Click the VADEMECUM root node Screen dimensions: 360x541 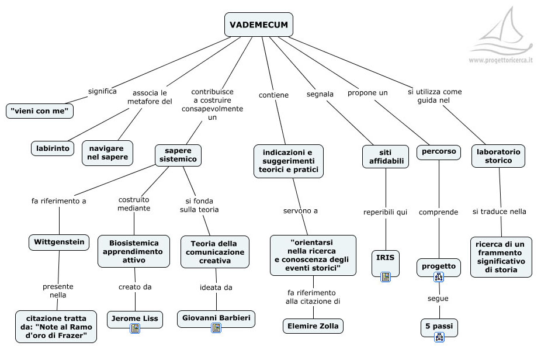click(x=259, y=25)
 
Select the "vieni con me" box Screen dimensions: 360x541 click(x=40, y=110)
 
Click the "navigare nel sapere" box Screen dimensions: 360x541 click(x=107, y=153)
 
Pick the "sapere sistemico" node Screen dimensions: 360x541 click(x=178, y=155)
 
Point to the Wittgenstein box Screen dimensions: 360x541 click(x=59, y=242)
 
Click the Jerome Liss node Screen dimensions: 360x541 click(x=134, y=318)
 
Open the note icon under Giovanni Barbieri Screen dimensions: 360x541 click(x=216, y=328)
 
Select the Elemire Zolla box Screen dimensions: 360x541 click(x=313, y=326)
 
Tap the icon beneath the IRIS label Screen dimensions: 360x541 click(x=386, y=276)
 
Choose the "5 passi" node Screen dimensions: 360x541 click(x=439, y=325)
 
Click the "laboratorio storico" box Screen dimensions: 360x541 click(x=498, y=156)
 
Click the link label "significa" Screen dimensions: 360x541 click(x=102, y=91)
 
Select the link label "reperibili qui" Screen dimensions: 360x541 click(x=386, y=212)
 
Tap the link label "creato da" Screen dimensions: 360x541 click(x=135, y=287)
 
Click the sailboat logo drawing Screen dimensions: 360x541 click(x=501, y=35)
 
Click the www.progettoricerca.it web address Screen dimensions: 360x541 click(x=501, y=60)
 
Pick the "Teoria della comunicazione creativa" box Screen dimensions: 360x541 click(x=215, y=252)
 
